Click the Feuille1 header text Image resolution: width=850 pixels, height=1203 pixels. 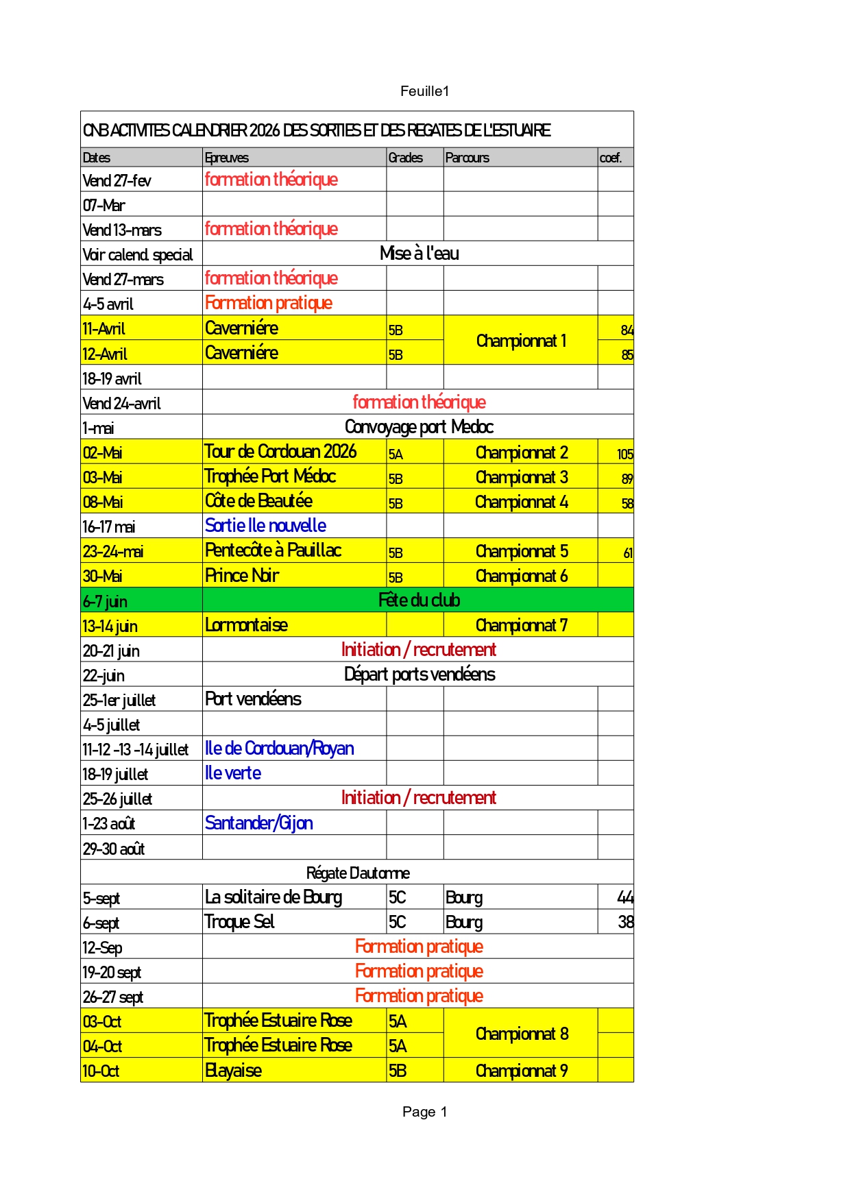pos(424,91)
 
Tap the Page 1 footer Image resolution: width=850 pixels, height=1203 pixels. pos(424,1112)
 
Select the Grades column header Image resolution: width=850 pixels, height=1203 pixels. pos(405,158)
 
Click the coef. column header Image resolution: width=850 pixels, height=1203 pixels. pos(610,158)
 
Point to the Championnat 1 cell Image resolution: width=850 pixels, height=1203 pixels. pos(521,341)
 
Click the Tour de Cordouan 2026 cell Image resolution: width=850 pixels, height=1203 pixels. pos(280,452)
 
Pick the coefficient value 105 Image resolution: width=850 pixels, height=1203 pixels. pos(624,454)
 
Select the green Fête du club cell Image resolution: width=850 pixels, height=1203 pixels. pos(419,600)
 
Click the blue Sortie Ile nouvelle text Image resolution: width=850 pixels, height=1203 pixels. pos(265,526)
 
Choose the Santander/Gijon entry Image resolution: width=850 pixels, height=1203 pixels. pos(259,823)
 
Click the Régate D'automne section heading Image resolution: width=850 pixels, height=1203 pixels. pos(357,873)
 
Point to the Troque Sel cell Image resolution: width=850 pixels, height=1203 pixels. pos(239,922)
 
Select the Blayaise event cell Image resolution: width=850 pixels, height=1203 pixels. pos(233,1071)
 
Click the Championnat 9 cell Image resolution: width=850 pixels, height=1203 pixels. pos(521,1071)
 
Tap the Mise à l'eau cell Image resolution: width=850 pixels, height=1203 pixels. pos(419,254)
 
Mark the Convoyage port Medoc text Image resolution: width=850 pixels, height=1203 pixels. pos(419,427)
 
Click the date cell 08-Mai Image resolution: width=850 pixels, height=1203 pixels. pos(103,502)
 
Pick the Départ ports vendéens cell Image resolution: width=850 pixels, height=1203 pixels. pos(419,675)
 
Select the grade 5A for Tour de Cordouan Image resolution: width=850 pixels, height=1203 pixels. pos(396,454)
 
